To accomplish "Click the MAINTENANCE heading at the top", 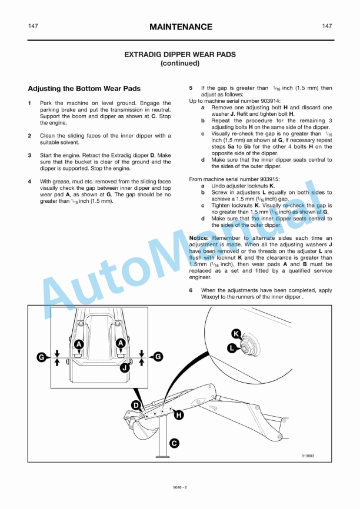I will click(x=181, y=27).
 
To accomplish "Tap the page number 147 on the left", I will click(x=34, y=26).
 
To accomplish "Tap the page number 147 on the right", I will click(x=327, y=26).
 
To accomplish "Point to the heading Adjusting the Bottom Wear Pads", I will click(x=84, y=89).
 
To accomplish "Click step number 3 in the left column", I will click(x=30, y=155).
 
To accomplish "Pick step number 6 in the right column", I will click(x=191, y=290).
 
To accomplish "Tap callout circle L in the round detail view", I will click(x=232, y=348).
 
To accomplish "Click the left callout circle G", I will click(x=41, y=357).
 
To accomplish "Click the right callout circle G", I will click(x=158, y=357).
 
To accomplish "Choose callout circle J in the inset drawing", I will click(x=124, y=368).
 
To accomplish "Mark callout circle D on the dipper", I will click(x=136, y=405).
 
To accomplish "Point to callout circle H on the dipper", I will click(x=179, y=415).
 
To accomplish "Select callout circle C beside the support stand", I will click(x=174, y=443).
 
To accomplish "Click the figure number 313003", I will click(x=308, y=456).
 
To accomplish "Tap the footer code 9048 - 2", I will click(x=180, y=487).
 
